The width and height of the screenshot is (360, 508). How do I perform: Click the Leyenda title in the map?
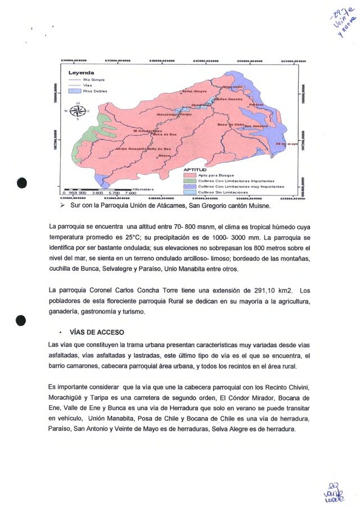coord(82,73)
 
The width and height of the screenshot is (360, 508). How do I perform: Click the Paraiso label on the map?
coord(256,105)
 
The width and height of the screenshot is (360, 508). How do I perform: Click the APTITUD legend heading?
coord(195,169)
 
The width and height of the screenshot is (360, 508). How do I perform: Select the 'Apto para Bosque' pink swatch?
coord(190,175)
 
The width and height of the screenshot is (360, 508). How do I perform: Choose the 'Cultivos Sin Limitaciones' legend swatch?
coord(190,192)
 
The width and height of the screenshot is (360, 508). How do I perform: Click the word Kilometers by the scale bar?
coord(143,189)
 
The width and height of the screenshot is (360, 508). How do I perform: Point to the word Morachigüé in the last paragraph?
coord(67,398)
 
